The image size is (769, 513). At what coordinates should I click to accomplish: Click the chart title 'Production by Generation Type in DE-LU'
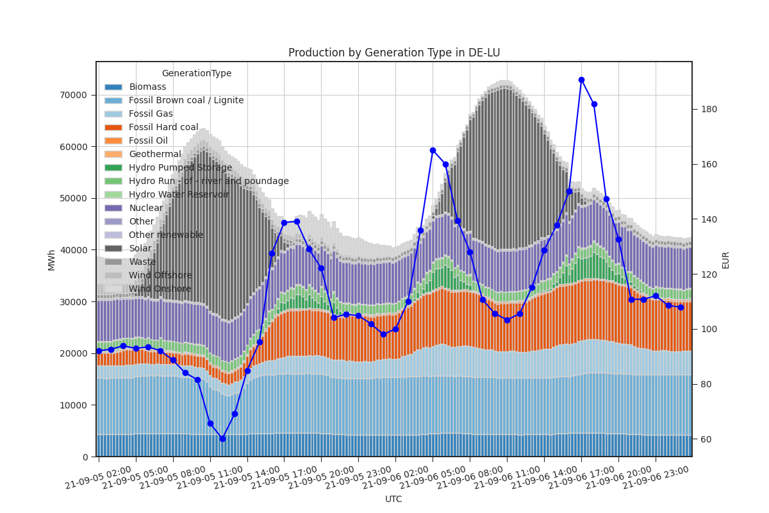[x=393, y=53]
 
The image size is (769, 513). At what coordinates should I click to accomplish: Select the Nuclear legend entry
[x=146, y=208]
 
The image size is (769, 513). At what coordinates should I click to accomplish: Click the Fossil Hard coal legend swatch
[x=113, y=127]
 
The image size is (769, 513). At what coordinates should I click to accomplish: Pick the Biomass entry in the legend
[x=147, y=87]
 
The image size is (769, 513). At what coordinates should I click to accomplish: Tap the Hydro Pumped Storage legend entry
[x=180, y=167]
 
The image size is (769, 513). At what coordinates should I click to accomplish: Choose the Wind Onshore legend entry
[x=160, y=289]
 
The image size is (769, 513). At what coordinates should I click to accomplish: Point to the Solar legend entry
[x=140, y=248]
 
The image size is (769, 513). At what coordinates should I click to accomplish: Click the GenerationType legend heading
[x=196, y=73]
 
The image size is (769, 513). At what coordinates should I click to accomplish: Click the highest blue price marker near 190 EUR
[x=581, y=80]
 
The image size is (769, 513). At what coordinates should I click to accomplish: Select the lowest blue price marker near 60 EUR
[x=222, y=439]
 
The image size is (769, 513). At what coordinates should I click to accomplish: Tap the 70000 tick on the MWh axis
[x=74, y=95]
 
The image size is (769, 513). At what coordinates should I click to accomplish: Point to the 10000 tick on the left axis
[x=74, y=405]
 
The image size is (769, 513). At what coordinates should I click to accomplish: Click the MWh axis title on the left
[x=51, y=259]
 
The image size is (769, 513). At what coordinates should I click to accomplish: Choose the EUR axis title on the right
[x=725, y=259]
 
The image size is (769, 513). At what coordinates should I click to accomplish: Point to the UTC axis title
[x=393, y=499]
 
